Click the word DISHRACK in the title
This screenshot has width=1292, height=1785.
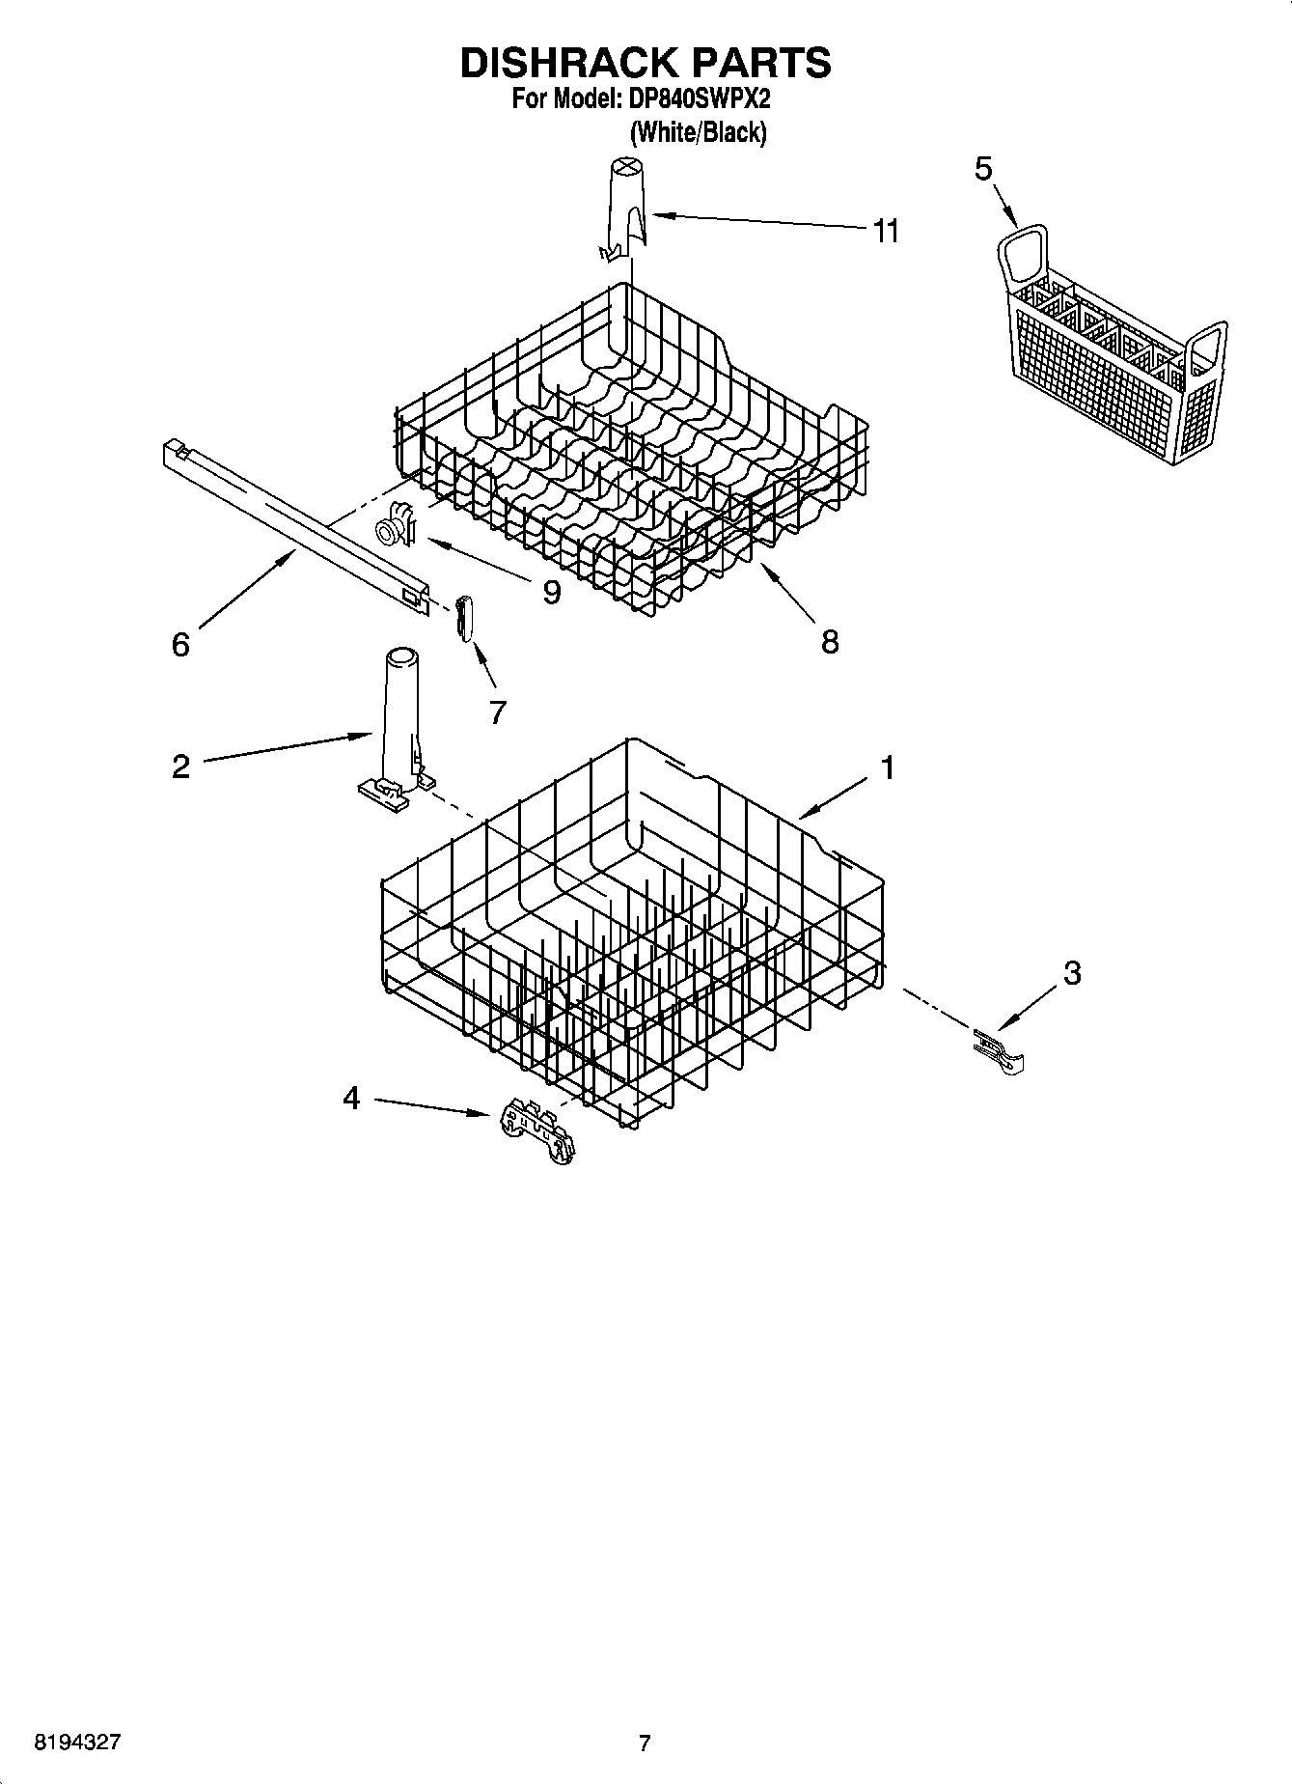pyautogui.click(x=567, y=62)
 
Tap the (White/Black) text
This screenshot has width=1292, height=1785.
pyautogui.click(x=698, y=132)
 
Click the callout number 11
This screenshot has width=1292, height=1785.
pyautogui.click(x=885, y=231)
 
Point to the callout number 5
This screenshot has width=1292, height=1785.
pyautogui.click(x=982, y=169)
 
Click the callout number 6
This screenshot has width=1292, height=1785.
pyautogui.click(x=180, y=644)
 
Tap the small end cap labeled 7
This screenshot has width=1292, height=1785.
pyautogui.click(x=464, y=617)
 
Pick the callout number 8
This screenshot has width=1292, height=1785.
pyautogui.click(x=830, y=641)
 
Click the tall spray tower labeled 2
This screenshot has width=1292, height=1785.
pyautogui.click(x=399, y=719)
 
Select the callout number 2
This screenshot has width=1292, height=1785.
pyautogui.click(x=180, y=767)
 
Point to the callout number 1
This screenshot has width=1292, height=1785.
pyautogui.click(x=887, y=768)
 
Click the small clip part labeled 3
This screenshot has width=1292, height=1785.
pyautogui.click(x=1000, y=1051)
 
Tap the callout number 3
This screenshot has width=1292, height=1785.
pyautogui.click(x=1072, y=973)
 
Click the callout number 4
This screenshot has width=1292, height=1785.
pyautogui.click(x=351, y=1098)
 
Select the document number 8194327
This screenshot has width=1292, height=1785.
pyautogui.click(x=77, y=1743)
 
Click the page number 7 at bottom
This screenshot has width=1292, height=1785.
pyautogui.click(x=645, y=1743)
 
